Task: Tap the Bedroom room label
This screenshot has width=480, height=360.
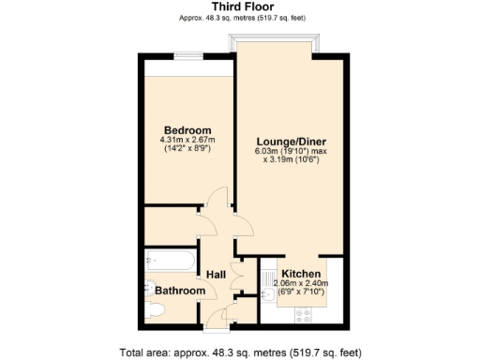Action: point(187,129)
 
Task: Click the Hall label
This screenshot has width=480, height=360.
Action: point(217,274)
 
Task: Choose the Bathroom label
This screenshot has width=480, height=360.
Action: point(180,292)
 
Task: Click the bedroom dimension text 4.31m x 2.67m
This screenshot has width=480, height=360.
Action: point(187,141)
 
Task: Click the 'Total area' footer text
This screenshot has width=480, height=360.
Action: point(241,352)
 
